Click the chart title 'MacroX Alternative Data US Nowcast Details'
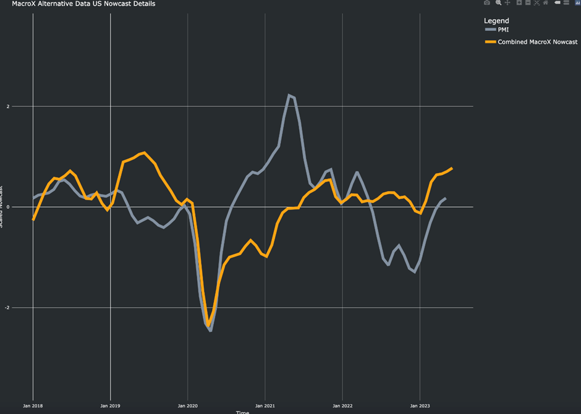(x=83, y=4)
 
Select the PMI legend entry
(x=503, y=30)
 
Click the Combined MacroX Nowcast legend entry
(x=537, y=42)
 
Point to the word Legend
(x=496, y=21)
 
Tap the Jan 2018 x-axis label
(x=33, y=406)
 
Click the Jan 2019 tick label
(x=110, y=406)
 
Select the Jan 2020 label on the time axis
(x=187, y=406)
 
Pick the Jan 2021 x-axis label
(x=265, y=406)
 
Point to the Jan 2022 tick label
(x=342, y=406)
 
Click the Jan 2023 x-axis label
(x=420, y=406)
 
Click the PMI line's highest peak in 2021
(x=289, y=95)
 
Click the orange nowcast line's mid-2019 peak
(x=144, y=152)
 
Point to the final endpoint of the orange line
(x=452, y=168)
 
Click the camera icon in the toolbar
(x=487, y=3)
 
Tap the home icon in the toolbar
(x=545, y=3)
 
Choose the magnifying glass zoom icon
(x=498, y=3)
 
